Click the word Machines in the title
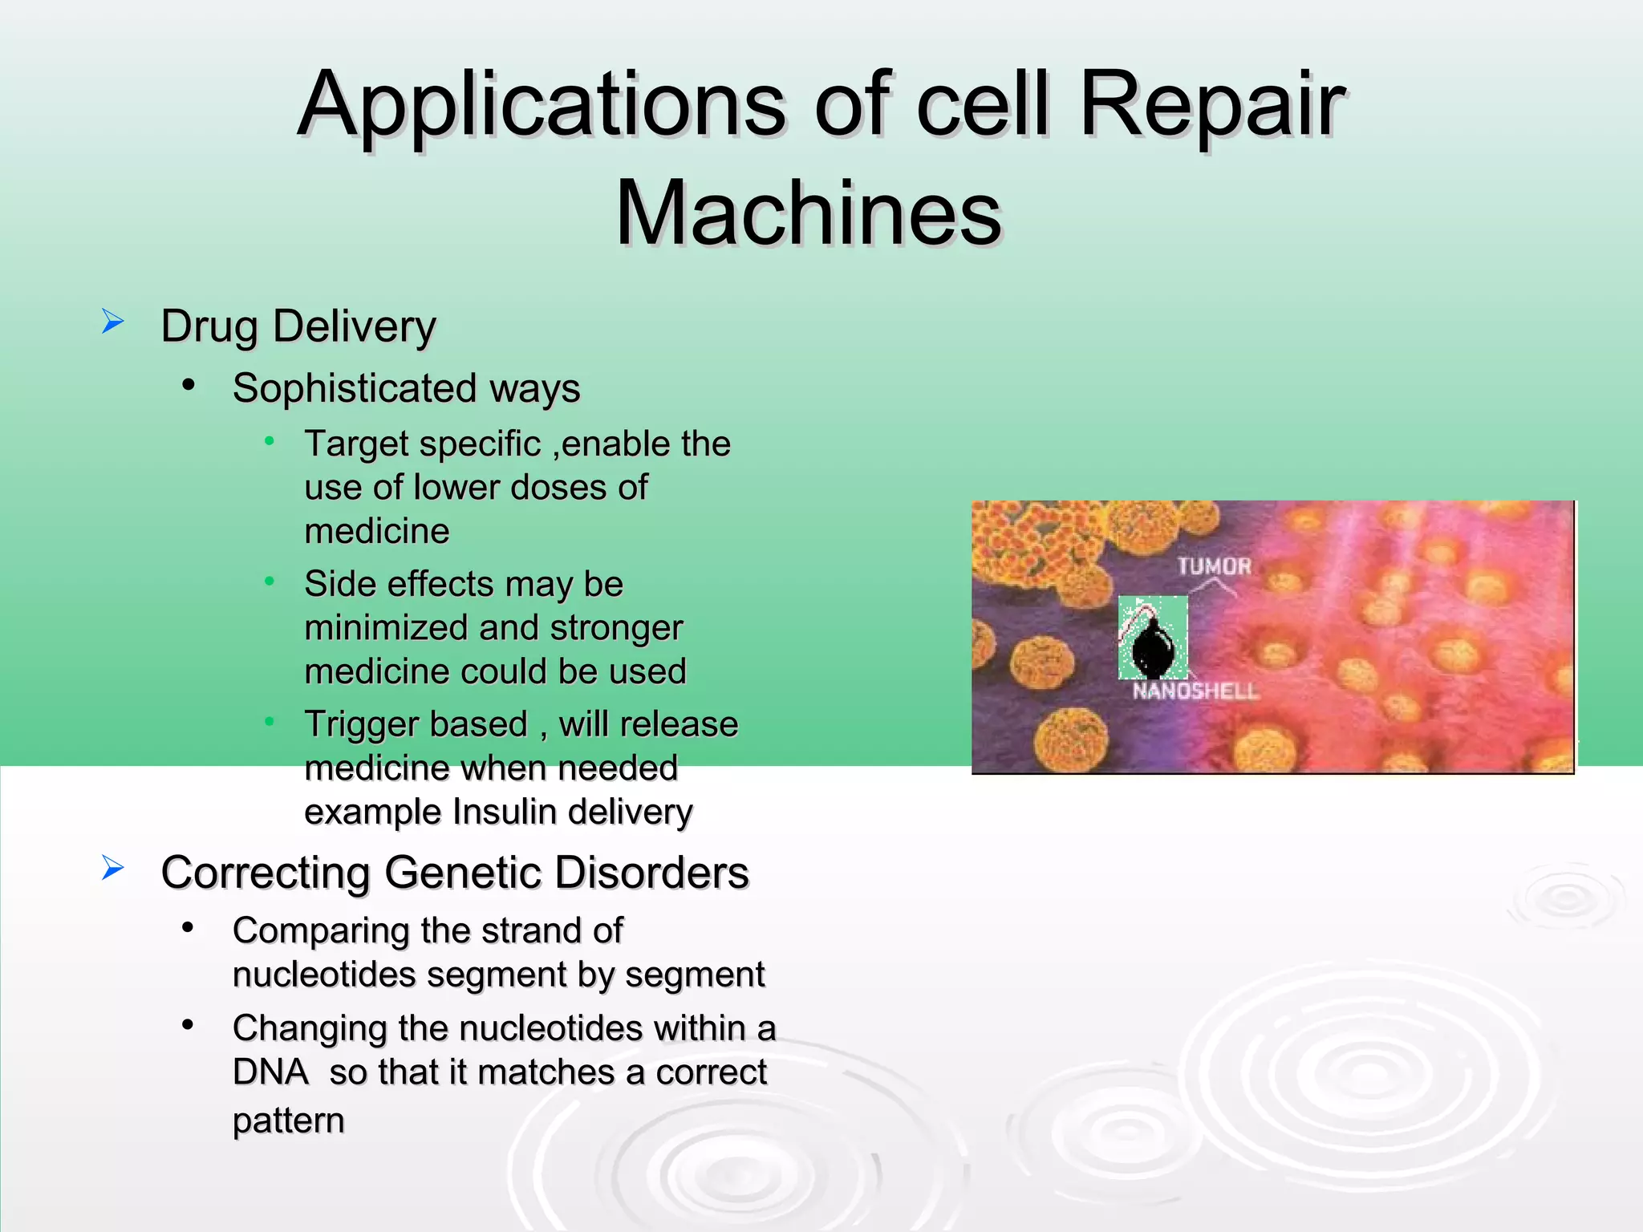(809, 213)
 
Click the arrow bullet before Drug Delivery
(113, 322)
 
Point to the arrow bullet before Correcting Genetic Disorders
(113, 868)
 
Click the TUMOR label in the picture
(1215, 566)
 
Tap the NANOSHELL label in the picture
(1195, 691)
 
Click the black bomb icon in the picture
(1153, 646)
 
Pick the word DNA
(270, 1072)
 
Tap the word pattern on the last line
(288, 1121)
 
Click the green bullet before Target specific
(270, 441)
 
